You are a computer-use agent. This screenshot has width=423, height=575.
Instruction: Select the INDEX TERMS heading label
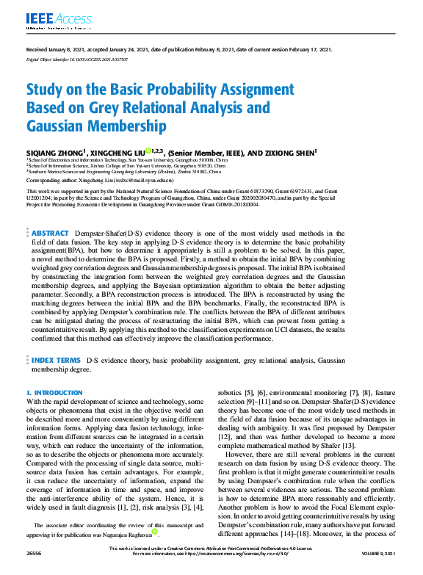point(56,360)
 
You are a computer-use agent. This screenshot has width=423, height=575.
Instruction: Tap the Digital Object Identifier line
point(77,57)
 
